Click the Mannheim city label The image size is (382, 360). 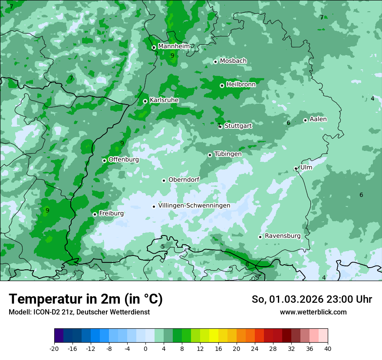[173, 46]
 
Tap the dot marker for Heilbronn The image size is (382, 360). [222, 85]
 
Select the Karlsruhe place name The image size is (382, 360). [164, 100]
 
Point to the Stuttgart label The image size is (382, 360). [238, 126]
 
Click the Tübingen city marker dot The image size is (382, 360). [210, 155]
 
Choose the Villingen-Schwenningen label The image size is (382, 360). [194, 206]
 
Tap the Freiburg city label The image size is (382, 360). [111, 213]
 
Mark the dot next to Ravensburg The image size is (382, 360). [260, 237]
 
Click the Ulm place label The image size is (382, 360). [306, 167]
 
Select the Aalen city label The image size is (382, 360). [318, 119]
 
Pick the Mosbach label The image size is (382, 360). [233, 61]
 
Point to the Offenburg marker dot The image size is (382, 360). [104, 160]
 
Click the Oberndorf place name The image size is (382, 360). [184, 180]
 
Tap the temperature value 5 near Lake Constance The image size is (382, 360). [163, 247]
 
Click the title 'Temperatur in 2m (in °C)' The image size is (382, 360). [86, 299]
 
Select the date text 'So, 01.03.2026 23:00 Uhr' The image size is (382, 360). [312, 299]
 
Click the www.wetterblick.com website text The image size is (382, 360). [313, 312]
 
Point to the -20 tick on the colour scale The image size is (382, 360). [54, 348]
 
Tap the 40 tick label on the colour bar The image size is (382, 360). [327, 348]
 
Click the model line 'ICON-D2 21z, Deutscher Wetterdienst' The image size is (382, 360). [79, 312]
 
